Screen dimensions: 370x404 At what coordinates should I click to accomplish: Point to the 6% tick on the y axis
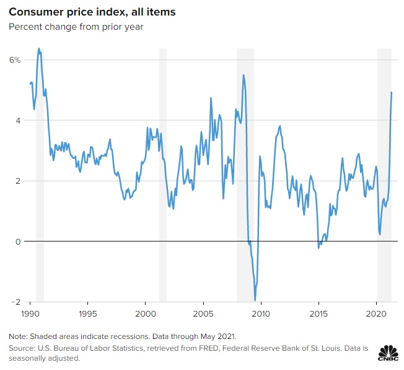click(15, 60)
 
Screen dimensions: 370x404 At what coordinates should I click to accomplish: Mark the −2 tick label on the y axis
click(16, 302)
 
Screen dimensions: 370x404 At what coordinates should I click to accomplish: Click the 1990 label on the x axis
click(30, 314)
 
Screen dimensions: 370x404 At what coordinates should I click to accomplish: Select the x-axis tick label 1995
click(88, 314)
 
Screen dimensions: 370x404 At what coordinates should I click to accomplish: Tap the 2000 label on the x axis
click(145, 314)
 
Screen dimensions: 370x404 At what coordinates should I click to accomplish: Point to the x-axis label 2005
click(203, 314)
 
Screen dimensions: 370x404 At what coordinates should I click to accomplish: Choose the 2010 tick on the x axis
click(261, 314)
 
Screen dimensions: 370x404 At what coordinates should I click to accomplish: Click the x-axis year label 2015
click(318, 314)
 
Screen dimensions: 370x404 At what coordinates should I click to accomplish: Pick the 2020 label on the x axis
click(377, 314)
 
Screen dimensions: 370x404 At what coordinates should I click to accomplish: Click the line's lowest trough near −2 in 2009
click(255, 300)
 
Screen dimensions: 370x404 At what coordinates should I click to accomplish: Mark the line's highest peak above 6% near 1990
click(39, 48)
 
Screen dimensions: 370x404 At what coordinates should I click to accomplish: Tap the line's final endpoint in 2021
click(392, 92)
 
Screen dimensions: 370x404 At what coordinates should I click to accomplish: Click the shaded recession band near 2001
click(163, 174)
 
